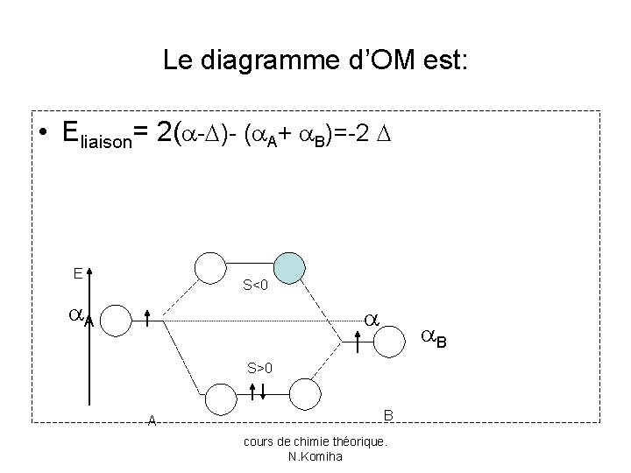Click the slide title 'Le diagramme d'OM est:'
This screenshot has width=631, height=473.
pos(316,60)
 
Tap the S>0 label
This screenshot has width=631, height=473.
pos(260,368)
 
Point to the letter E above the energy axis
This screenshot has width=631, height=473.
pos(78,273)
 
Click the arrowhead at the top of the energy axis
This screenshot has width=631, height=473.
pos(90,272)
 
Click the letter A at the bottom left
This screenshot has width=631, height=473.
pos(152,420)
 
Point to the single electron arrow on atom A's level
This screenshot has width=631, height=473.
pos(147,320)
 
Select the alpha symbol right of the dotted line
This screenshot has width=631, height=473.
pos(372,321)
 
